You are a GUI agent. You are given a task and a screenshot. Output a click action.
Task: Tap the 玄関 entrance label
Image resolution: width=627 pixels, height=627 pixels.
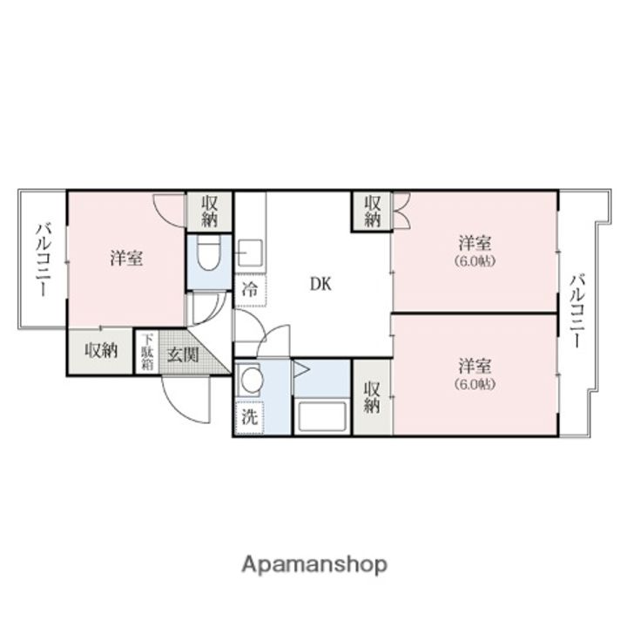[183, 354]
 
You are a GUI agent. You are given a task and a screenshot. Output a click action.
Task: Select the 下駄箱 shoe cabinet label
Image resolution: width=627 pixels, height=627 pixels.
[147, 352]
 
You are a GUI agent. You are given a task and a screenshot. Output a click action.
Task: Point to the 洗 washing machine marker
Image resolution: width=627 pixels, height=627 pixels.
[249, 416]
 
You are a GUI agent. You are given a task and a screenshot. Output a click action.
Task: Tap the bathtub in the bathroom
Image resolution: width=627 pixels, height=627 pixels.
[322, 415]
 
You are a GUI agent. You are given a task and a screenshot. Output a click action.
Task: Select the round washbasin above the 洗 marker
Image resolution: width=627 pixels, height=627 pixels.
[253, 381]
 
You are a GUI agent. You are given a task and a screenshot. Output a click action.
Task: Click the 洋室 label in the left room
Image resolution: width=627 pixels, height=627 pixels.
[126, 259]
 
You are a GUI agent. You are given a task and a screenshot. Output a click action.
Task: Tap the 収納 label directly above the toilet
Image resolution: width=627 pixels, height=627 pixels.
[210, 211]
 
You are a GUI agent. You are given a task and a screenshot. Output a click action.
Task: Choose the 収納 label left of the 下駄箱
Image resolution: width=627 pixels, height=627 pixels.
[101, 351]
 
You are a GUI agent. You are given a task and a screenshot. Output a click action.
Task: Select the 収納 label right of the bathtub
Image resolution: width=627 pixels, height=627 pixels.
[372, 397]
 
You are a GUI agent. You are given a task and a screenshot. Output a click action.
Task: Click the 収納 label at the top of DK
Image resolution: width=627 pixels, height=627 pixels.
[372, 212]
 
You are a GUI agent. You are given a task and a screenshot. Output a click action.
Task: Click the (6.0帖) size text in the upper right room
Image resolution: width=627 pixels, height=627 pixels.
[475, 260]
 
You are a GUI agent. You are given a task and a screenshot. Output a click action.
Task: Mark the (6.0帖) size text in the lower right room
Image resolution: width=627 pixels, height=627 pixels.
[475, 384]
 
